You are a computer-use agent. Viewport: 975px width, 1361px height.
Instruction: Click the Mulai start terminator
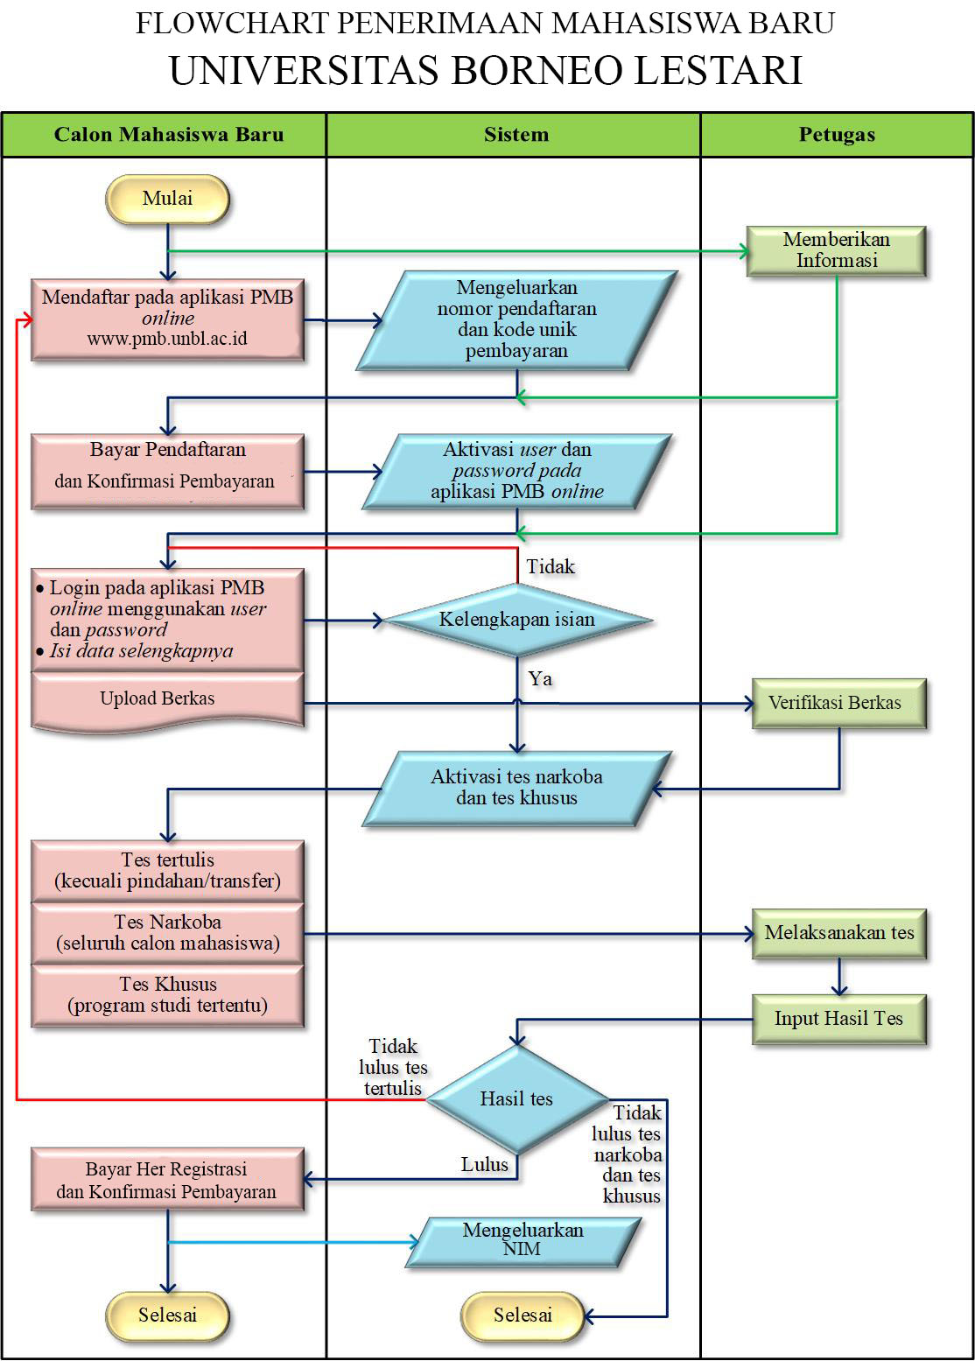click(167, 199)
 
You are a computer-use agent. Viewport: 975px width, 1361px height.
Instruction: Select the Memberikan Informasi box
click(836, 250)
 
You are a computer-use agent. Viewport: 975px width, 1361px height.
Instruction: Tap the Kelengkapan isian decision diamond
click(517, 620)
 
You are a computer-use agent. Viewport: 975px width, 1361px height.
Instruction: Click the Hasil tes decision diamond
click(516, 1099)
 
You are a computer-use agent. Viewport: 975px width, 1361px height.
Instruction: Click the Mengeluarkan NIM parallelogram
click(523, 1240)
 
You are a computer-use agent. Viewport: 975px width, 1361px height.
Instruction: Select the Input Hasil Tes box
click(838, 1019)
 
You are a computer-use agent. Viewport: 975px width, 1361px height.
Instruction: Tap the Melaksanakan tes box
click(838, 933)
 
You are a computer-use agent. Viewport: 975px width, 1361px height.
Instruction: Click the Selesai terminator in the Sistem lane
click(523, 1315)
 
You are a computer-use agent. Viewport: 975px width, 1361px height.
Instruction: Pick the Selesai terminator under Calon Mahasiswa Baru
click(167, 1315)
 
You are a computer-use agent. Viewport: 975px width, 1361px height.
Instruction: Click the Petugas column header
click(837, 135)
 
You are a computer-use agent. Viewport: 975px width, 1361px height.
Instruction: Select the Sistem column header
click(516, 135)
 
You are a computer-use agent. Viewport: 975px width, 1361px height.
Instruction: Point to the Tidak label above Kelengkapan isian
click(551, 567)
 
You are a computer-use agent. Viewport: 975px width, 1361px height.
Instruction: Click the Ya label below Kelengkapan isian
click(540, 679)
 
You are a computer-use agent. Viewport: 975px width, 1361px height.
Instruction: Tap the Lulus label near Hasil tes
click(485, 1165)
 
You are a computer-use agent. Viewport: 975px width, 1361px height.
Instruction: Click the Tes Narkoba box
click(167, 933)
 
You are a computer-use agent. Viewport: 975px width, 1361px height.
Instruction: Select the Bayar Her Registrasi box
click(167, 1180)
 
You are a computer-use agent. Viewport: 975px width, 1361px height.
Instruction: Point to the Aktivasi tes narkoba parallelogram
click(516, 788)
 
